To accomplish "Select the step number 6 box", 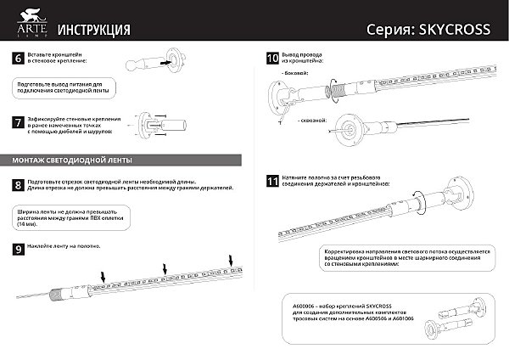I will (18, 59).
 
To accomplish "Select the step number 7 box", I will (18, 123).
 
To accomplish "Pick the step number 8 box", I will (18, 185).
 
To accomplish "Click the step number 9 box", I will (18, 249).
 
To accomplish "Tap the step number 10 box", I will (272, 59).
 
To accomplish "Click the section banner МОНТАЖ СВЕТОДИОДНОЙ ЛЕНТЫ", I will (72, 160).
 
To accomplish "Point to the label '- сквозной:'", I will (311, 120).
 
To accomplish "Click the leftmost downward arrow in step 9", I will (103, 275).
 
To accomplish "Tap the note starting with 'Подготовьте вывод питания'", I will (62, 87).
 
